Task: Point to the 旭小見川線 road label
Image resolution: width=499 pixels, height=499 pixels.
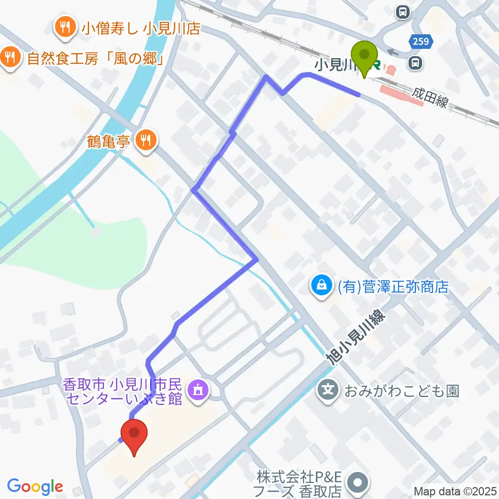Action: pos(354,337)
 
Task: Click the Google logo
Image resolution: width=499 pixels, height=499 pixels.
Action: pos(35,487)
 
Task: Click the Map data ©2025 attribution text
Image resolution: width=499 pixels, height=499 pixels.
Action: pos(456,490)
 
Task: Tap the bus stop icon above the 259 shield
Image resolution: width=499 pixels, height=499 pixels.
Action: pos(402,11)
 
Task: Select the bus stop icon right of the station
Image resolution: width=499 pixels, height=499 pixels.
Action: pos(415,63)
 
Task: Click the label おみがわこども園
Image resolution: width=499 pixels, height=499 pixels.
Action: pos(402,390)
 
